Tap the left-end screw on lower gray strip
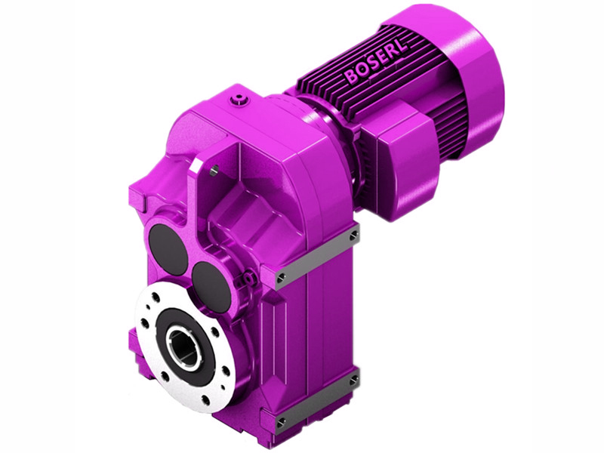pos(281,422)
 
